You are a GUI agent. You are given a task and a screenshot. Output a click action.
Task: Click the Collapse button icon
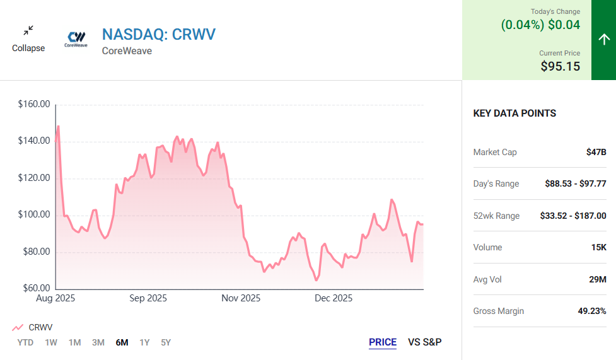pyautogui.click(x=28, y=31)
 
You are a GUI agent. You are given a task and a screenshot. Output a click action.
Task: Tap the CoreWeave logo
pyautogui.click(x=77, y=39)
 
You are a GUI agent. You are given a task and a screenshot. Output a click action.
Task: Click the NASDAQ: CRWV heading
pyautogui.click(x=158, y=34)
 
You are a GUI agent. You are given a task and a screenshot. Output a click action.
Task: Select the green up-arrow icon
pyautogui.click(x=603, y=39)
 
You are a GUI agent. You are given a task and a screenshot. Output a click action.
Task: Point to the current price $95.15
pyautogui.click(x=560, y=66)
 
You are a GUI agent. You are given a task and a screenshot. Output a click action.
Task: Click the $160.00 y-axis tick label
pyautogui.click(x=34, y=105)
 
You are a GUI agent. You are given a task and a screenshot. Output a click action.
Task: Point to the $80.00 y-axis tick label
pyautogui.click(x=34, y=252)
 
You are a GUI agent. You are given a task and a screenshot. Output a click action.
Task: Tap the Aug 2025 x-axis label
pyautogui.click(x=55, y=298)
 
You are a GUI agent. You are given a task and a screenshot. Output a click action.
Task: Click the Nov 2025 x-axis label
pyautogui.click(x=241, y=298)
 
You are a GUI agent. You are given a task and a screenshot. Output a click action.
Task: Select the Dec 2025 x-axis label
pyautogui.click(x=334, y=298)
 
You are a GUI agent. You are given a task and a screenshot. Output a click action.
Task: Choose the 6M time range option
pyautogui.click(x=122, y=342)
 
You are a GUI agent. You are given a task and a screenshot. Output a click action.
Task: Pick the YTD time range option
pyautogui.click(x=25, y=342)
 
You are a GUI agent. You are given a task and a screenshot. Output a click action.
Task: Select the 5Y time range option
pyautogui.click(x=166, y=342)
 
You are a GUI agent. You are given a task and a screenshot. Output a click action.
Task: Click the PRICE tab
pyautogui.click(x=383, y=342)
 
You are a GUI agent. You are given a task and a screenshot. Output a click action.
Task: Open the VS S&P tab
pyautogui.click(x=425, y=342)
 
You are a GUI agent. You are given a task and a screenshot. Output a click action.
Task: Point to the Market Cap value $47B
pyautogui.click(x=596, y=152)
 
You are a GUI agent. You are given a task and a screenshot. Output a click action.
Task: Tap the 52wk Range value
pyautogui.click(x=573, y=216)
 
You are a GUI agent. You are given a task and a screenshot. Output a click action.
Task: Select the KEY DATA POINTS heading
pyautogui.click(x=514, y=113)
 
